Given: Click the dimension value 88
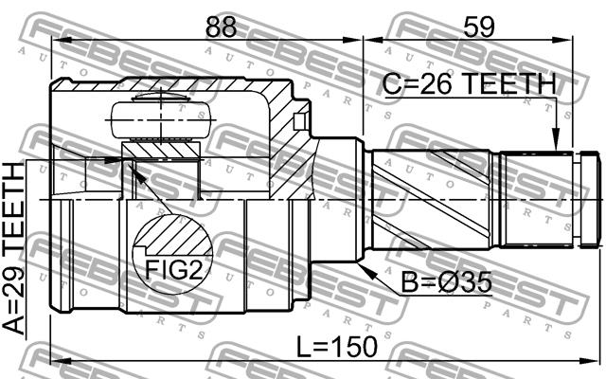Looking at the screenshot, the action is [221, 27].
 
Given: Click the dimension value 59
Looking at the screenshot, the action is [479, 27].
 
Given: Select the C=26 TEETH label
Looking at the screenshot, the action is [470, 84].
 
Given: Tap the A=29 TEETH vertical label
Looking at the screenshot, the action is [14, 248].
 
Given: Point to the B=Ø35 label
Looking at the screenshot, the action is [446, 282].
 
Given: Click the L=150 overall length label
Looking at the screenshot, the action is [337, 346].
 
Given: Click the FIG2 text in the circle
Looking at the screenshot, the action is [173, 269].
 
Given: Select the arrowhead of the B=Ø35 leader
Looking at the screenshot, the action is [366, 271].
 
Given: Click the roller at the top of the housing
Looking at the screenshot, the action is [161, 120].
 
